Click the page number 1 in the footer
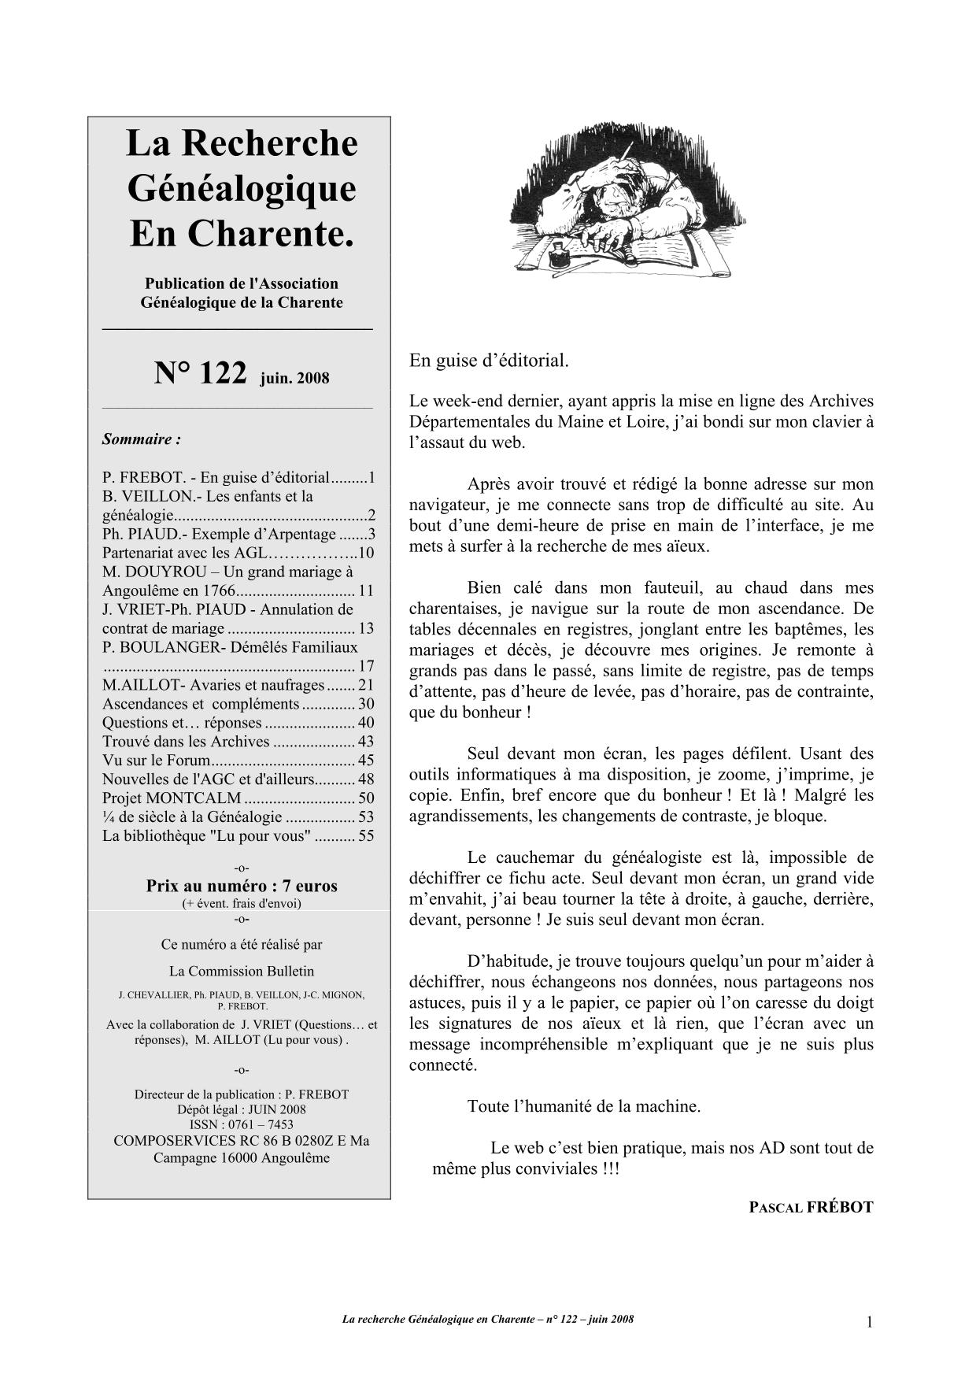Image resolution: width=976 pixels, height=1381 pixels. (x=869, y=1323)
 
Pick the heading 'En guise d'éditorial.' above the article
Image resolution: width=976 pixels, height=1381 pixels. (x=489, y=361)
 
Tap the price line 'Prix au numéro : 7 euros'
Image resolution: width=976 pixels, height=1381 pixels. (x=242, y=886)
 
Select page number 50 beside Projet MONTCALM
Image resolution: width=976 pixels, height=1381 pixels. (x=365, y=798)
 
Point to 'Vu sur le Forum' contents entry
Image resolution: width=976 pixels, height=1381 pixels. (x=157, y=761)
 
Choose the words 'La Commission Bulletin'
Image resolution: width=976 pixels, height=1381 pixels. (x=242, y=971)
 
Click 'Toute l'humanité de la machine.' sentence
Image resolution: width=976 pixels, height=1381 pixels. (x=583, y=1105)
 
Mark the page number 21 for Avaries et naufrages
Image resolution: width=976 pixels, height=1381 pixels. (x=365, y=685)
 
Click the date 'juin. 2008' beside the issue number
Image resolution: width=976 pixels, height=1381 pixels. (x=294, y=378)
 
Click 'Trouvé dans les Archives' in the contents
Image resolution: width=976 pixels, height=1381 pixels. (x=187, y=742)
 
